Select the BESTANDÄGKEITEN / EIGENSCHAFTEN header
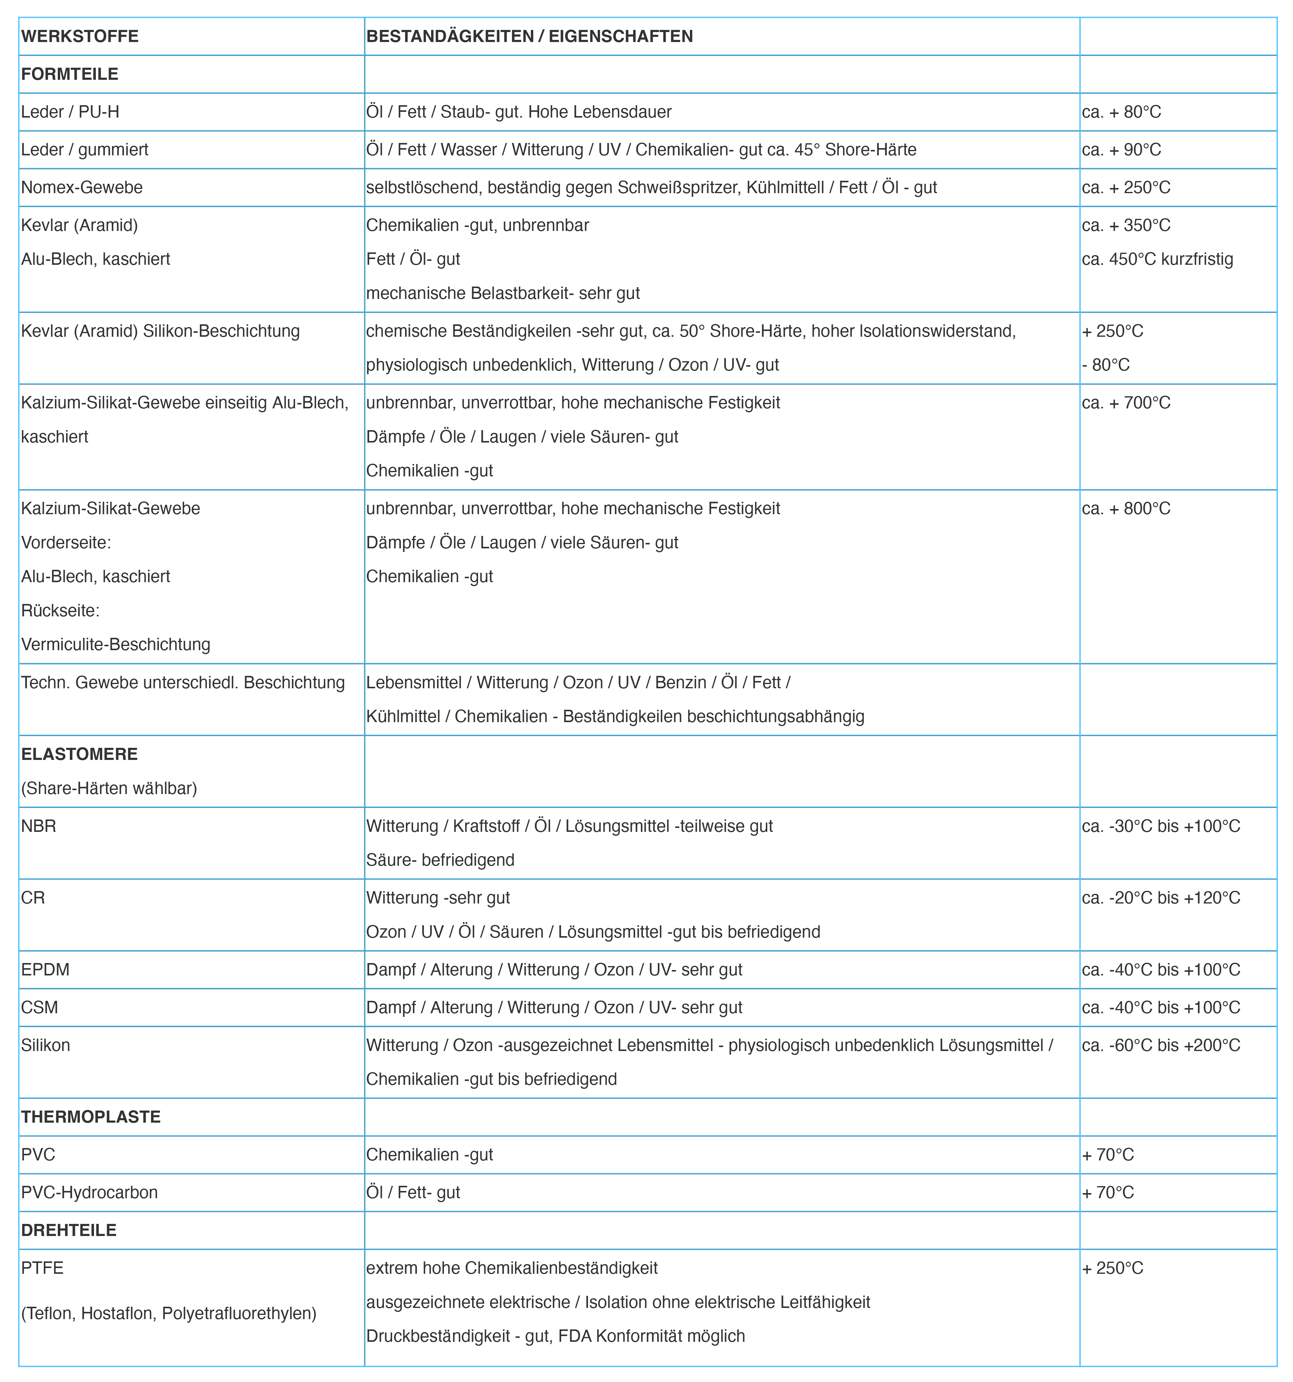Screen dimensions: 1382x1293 (x=529, y=36)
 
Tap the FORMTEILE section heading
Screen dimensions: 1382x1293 (x=70, y=74)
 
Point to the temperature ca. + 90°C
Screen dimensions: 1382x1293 (x=1121, y=149)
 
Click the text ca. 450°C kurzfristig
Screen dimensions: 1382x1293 (x=1158, y=259)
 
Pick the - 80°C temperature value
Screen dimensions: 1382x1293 (x=1106, y=365)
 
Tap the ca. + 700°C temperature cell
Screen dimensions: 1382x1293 (x=1126, y=403)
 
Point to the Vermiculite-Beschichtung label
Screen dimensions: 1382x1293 (x=115, y=644)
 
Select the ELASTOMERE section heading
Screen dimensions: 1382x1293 (x=79, y=754)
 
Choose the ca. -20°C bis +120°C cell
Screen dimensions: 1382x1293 (x=1161, y=897)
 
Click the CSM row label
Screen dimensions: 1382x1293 (x=40, y=1007)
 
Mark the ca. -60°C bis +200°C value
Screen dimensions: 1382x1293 (x=1161, y=1045)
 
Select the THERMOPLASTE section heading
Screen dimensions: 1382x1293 (x=90, y=1117)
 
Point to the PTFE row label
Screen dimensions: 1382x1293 (x=42, y=1268)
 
